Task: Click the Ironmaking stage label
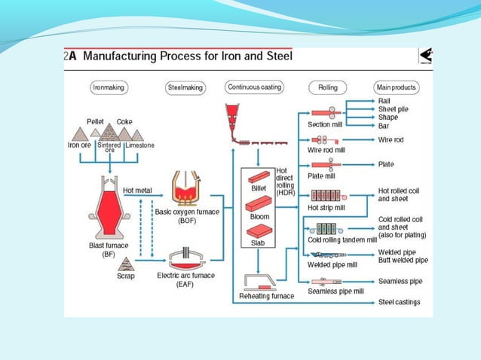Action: [x=107, y=87]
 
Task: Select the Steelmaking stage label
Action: [x=185, y=88]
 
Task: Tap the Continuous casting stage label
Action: [x=254, y=87]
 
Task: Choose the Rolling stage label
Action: [x=327, y=87]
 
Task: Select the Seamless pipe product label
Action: [x=400, y=281]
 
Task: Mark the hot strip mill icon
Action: [x=326, y=194]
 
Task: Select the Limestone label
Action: [x=139, y=145]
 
